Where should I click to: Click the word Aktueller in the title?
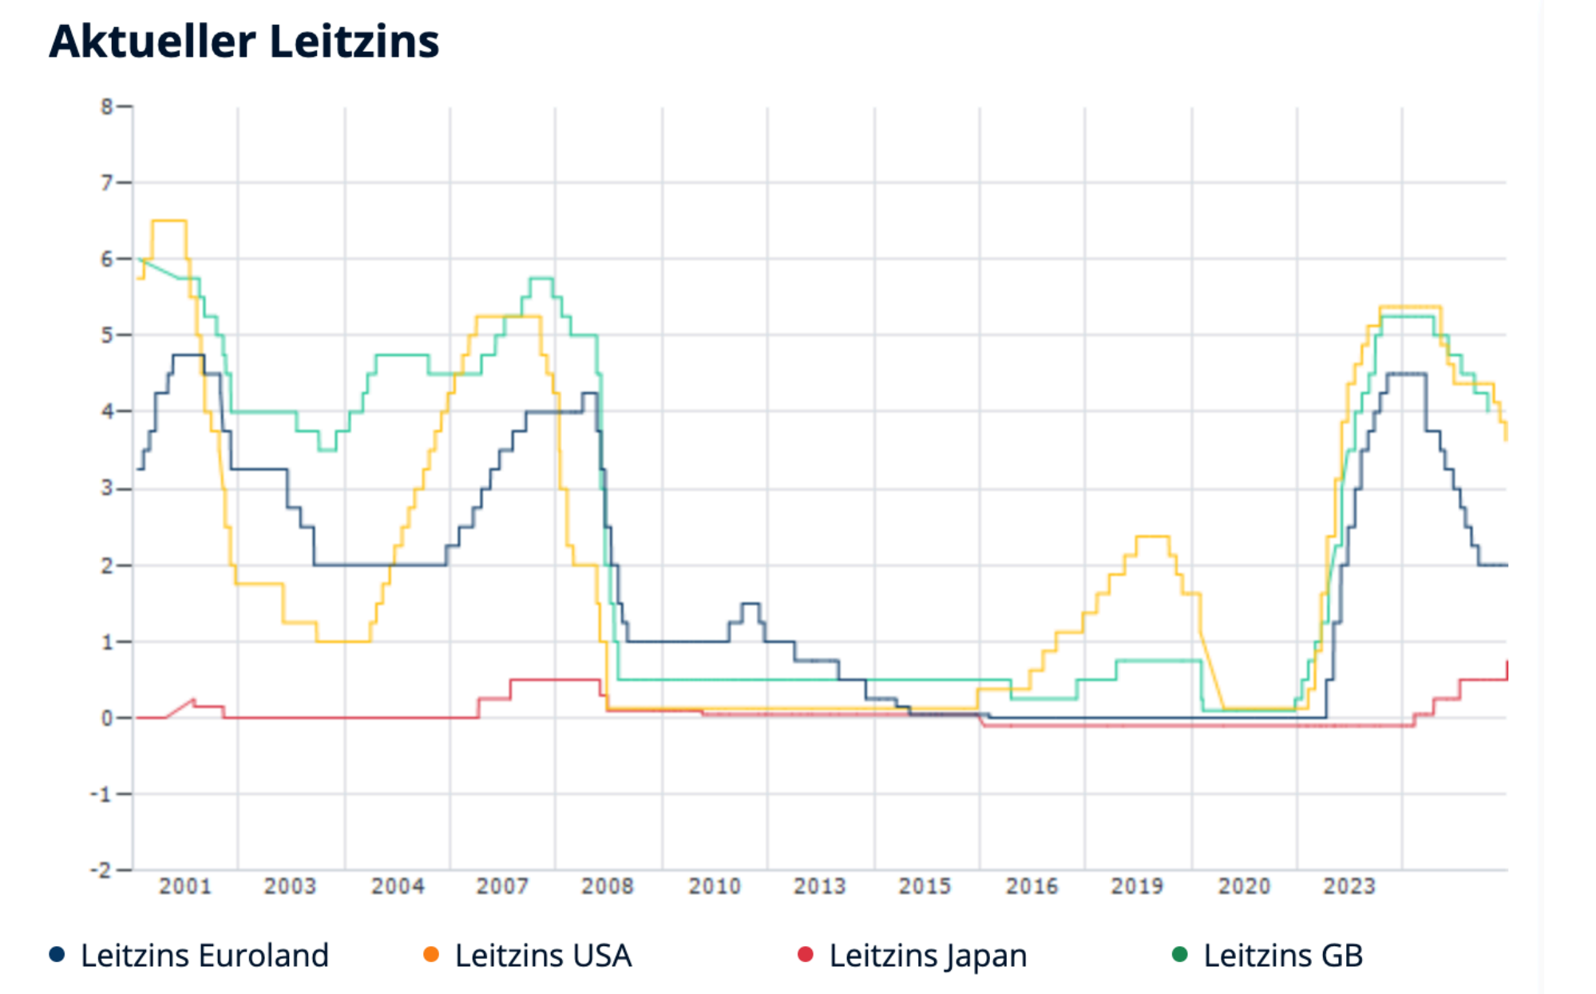pyautogui.click(x=152, y=42)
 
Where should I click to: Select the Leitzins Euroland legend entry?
pyautogui.click(x=204, y=956)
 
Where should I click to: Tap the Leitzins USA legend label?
pyautogui.click(x=543, y=956)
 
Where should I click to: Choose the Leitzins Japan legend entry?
pyautogui.click(x=928, y=956)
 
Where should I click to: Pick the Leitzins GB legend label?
pyautogui.click(x=1283, y=956)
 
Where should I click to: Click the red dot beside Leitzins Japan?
pyautogui.click(x=806, y=954)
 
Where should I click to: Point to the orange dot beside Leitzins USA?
pyautogui.click(x=431, y=954)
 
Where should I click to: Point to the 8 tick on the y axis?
pyautogui.click(x=107, y=106)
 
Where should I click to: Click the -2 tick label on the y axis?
pyautogui.click(x=101, y=869)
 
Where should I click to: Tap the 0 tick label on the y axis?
pyautogui.click(x=107, y=718)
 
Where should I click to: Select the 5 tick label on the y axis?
pyautogui.click(x=107, y=335)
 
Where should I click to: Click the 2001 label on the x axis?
pyautogui.click(x=185, y=886)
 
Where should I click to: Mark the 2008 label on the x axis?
pyautogui.click(x=608, y=886)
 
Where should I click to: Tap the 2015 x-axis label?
pyautogui.click(x=925, y=886)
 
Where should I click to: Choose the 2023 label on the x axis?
pyautogui.click(x=1349, y=886)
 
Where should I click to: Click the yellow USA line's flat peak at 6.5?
pyautogui.click(x=169, y=221)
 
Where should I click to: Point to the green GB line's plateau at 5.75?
pyautogui.click(x=541, y=278)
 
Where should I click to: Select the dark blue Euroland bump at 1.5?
pyautogui.click(x=750, y=604)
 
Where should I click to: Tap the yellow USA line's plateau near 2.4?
pyautogui.click(x=1152, y=537)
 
